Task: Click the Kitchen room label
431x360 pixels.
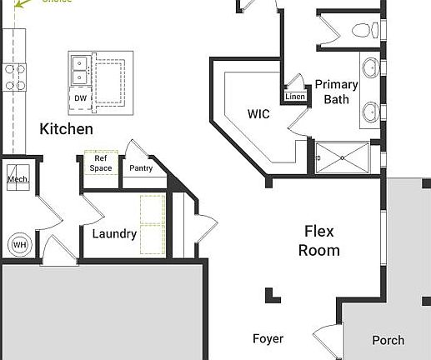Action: [x=67, y=129]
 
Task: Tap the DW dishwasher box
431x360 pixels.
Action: [x=80, y=98]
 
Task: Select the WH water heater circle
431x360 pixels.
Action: [x=18, y=245]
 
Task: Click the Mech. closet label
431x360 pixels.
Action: [x=18, y=179]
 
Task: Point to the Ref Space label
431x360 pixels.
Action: [x=102, y=162]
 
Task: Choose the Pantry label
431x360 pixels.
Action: [x=141, y=167]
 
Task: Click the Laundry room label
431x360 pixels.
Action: [x=114, y=233]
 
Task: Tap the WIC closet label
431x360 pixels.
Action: [x=259, y=113]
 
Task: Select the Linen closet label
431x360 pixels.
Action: [x=295, y=97]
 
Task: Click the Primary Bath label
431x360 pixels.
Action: [x=336, y=92]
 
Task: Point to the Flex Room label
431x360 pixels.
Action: [x=322, y=240]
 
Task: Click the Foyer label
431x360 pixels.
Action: [x=268, y=338]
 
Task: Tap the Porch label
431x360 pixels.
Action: [x=388, y=339]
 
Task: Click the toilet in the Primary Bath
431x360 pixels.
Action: [x=363, y=32]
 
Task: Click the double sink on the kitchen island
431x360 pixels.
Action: [x=81, y=70]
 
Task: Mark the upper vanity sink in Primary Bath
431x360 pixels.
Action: [x=370, y=67]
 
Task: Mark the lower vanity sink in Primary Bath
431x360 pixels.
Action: [x=370, y=109]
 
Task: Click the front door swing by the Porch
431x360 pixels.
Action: [x=323, y=338]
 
